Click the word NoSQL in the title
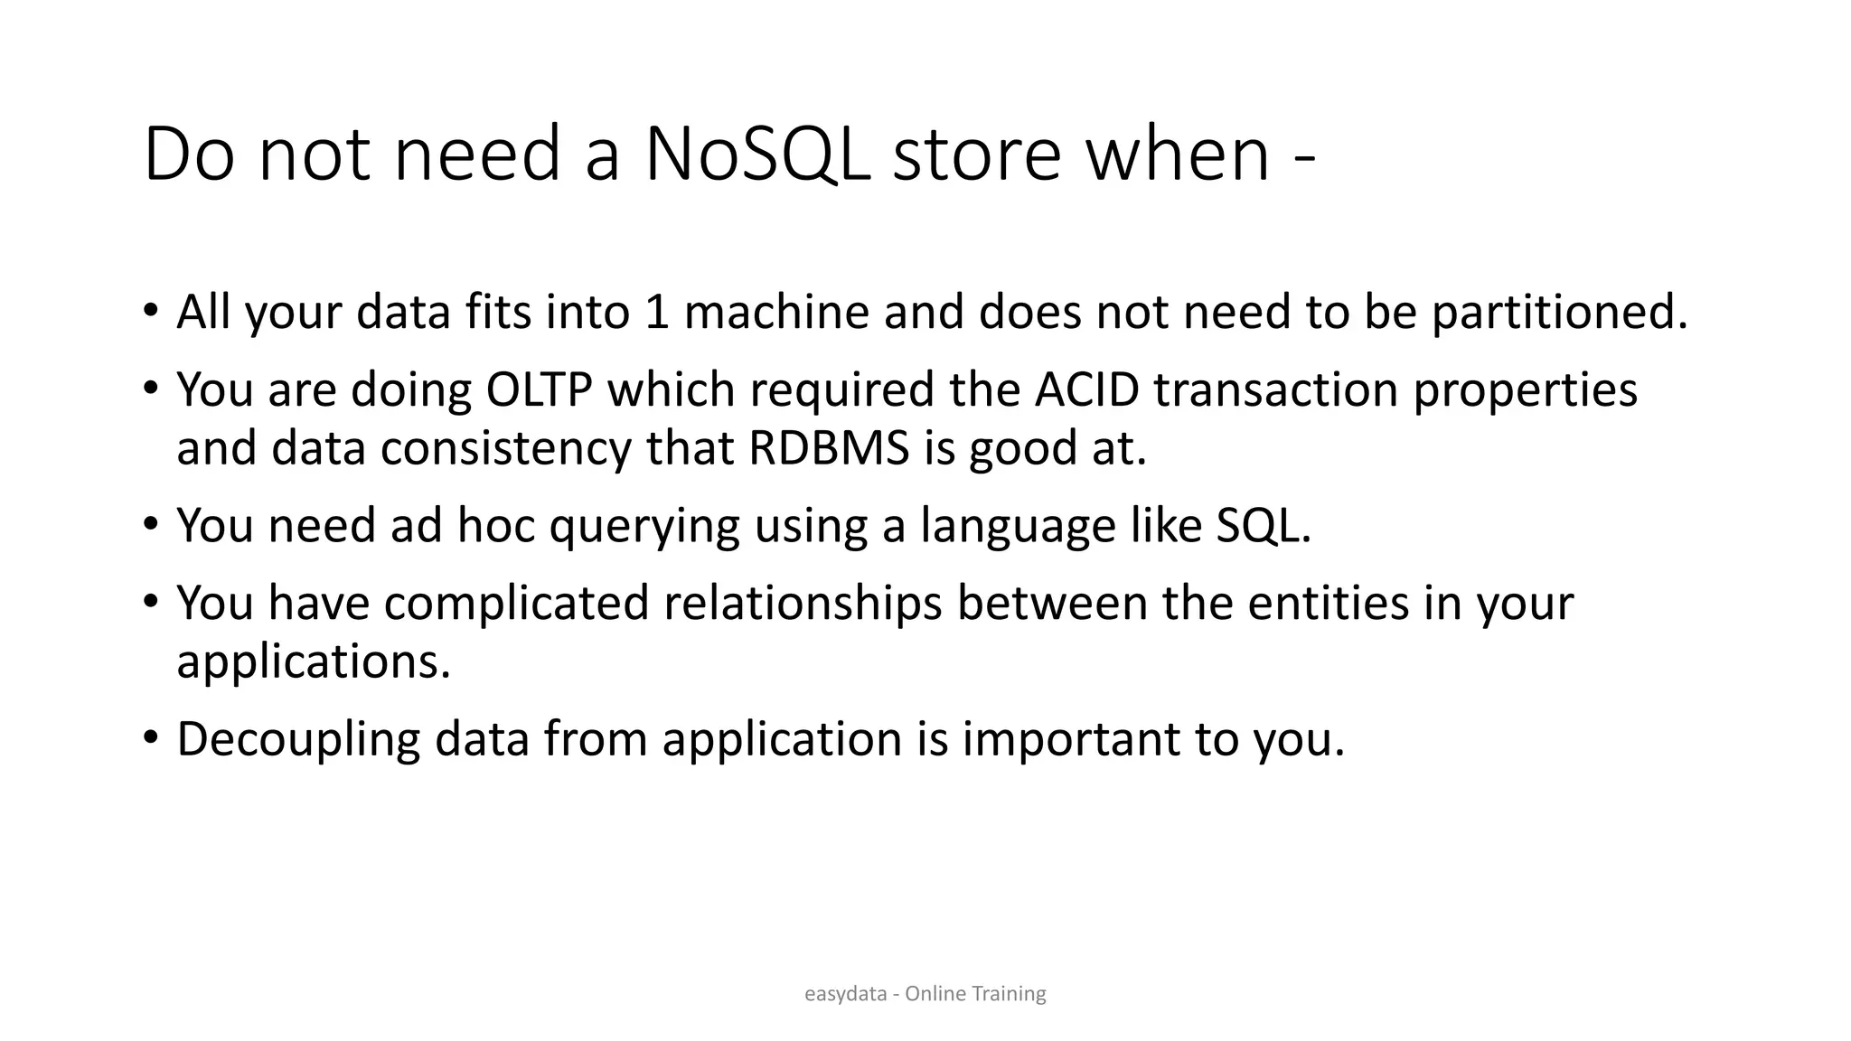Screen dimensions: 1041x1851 click(757, 155)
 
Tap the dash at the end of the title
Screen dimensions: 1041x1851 click(1303, 164)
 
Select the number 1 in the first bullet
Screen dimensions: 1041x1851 click(657, 312)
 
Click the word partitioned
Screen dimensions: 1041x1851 click(1560, 312)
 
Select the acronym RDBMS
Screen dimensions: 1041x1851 click(829, 447)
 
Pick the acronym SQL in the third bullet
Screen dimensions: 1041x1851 click(1262, 525)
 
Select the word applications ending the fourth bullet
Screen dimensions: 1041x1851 click(313, 661)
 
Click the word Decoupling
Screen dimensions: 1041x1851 click(298, 739)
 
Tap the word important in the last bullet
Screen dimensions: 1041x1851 click(1071, 739)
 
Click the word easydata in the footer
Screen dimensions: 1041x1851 click(845, 994)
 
